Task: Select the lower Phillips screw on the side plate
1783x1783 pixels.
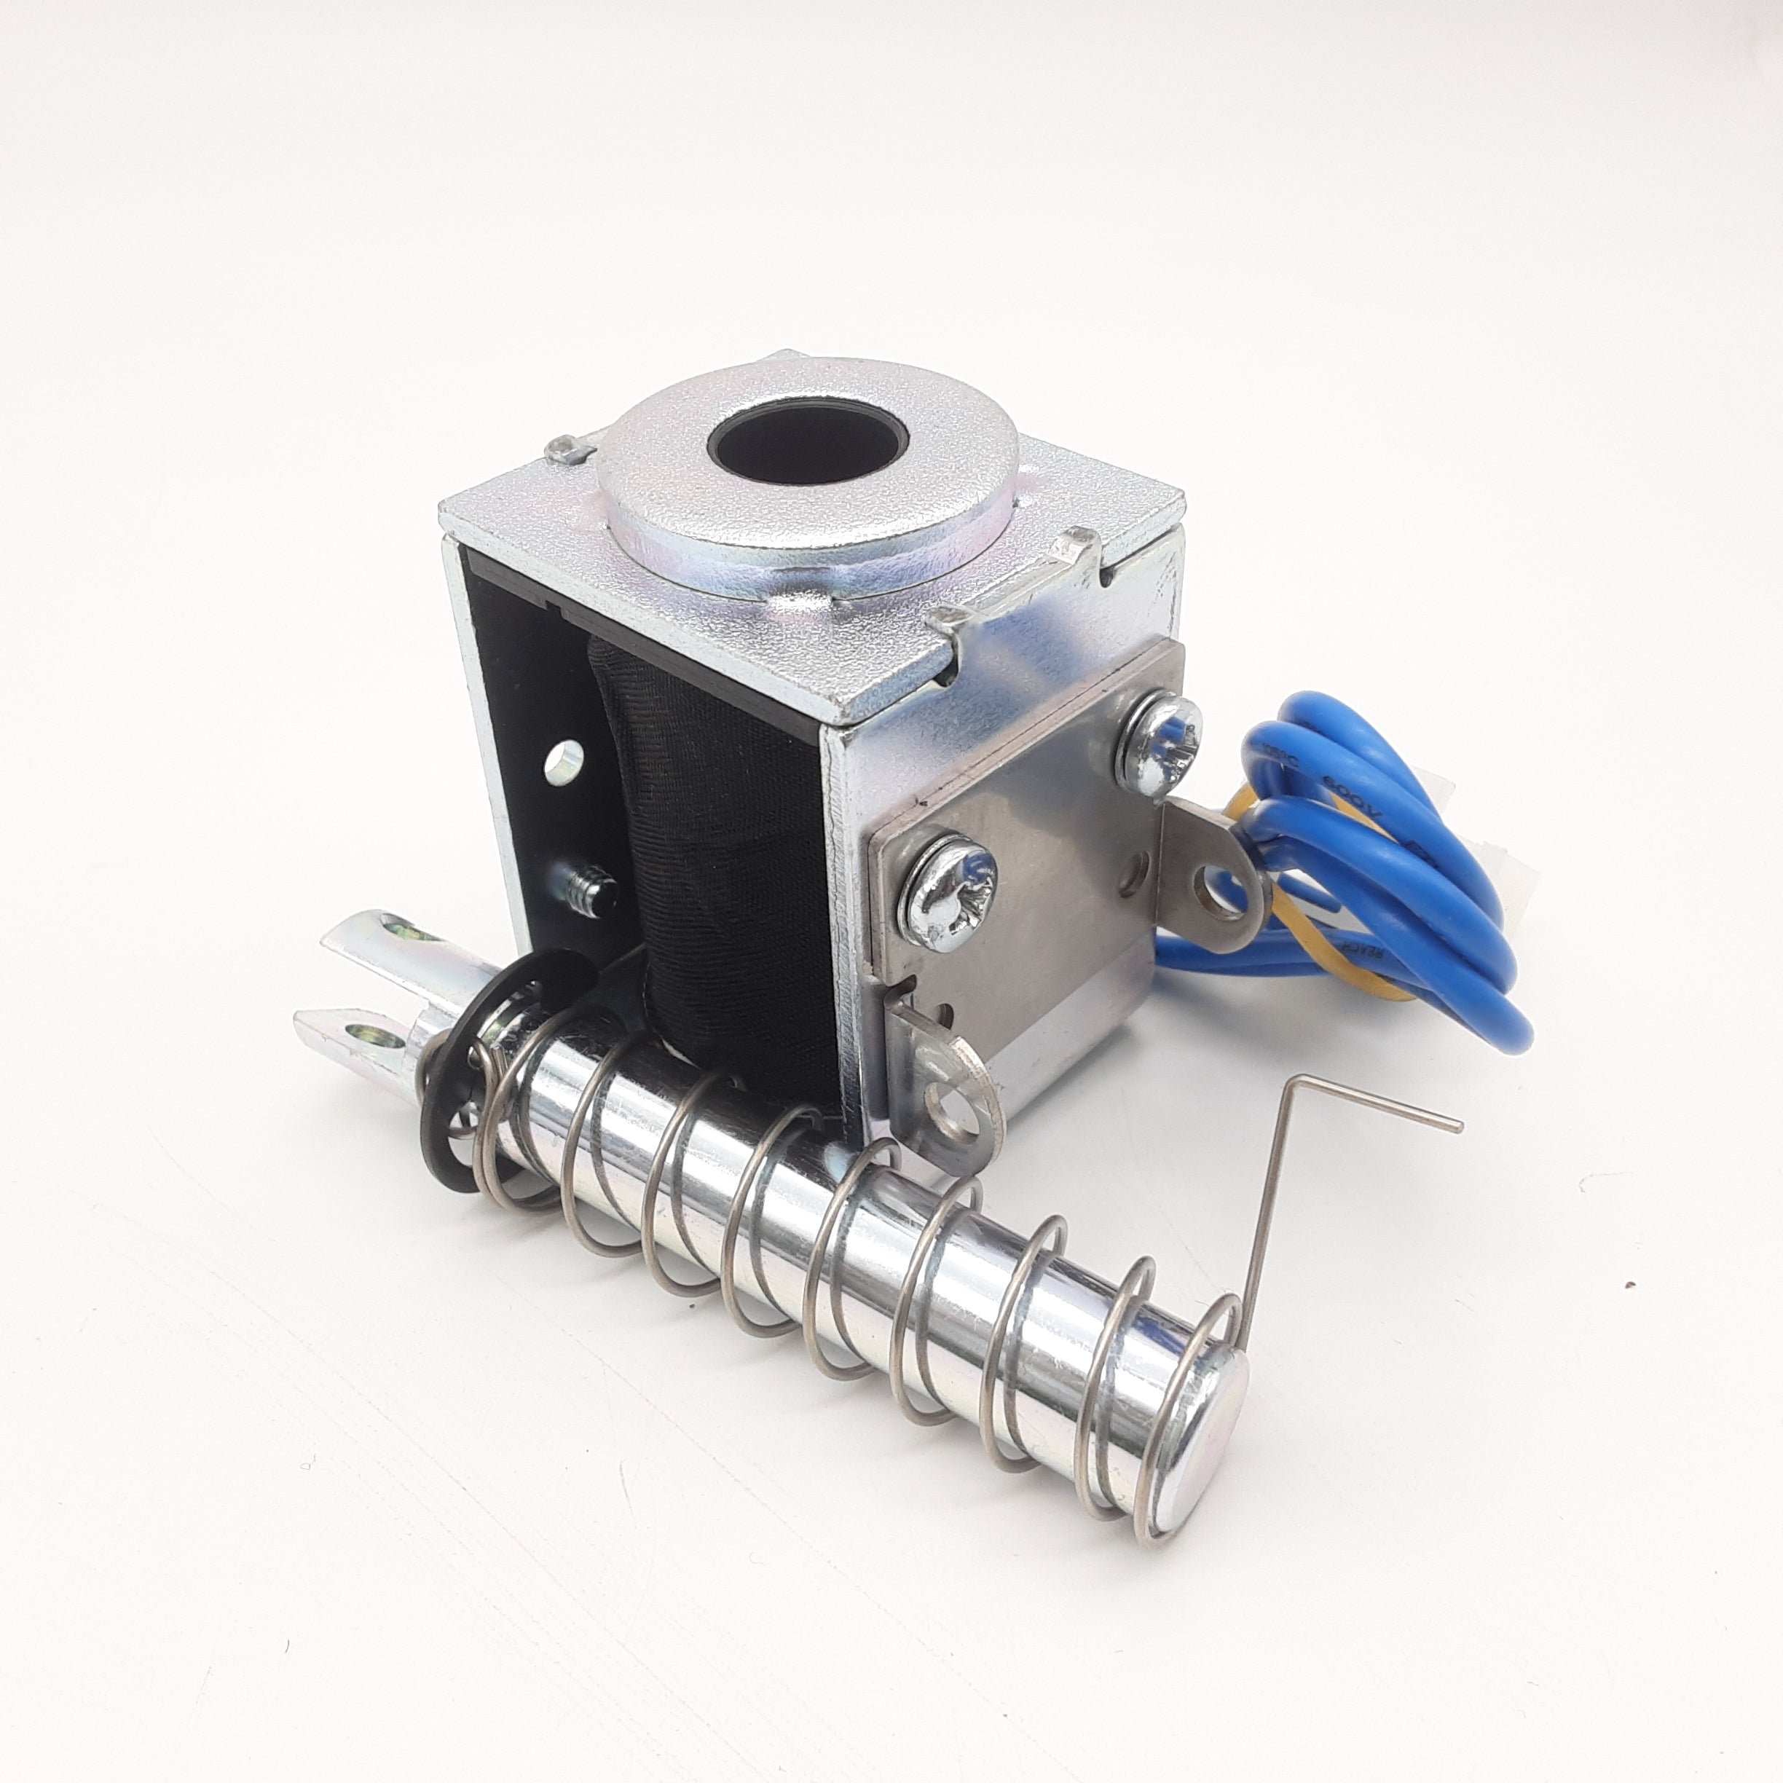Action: click(953, 881)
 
